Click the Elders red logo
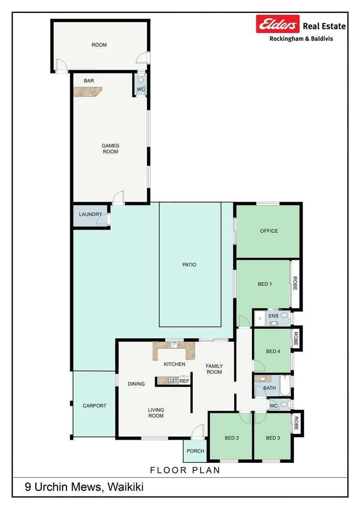coord(278,24)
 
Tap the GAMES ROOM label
coord(111,149)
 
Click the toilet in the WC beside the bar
coord(140,80)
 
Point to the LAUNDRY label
coord(90,214)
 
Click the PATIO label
coord(189,265)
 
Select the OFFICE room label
coord(269,231)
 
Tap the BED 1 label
coord(265,284)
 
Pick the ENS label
coord(273,316)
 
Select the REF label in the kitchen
coord(184,381)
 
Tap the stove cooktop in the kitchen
coord(173,381)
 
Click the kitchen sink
coord(174,345)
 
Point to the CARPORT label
coord(95,406)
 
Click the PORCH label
coord(196,451)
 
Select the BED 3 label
coord(273,438)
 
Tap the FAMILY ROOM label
coord(214,369)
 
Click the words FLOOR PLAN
coord(185,470)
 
